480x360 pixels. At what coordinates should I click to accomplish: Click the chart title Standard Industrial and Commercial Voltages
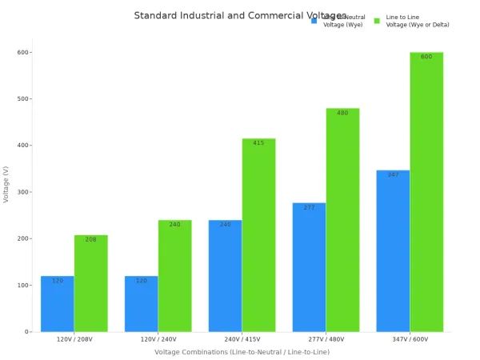point(240,16)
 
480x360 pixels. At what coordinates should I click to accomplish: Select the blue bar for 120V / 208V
point(58,304)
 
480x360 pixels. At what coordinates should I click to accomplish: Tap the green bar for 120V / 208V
point(91,284)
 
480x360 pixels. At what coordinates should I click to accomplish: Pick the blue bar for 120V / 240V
point(141,304)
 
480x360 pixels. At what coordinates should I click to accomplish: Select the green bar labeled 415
point(258,236)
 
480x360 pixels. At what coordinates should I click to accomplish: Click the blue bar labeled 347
point(393,252)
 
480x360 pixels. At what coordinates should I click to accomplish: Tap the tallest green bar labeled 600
point(426,192)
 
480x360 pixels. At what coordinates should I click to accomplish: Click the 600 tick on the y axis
point(23,53)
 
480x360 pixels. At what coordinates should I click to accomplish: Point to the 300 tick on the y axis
point(23,192)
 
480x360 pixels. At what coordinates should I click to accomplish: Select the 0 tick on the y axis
point(27,331)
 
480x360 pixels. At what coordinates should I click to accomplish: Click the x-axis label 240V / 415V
point(242,340)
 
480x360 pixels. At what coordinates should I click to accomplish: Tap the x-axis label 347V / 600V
point(410,340)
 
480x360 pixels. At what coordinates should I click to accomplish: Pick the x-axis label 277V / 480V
point(326,340)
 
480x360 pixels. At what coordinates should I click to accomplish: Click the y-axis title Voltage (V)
point(6,184)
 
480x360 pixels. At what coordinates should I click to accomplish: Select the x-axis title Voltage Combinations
point(242,352)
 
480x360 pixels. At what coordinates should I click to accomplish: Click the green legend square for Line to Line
point(377,21)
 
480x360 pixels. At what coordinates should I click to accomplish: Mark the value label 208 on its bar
point(90,240)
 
